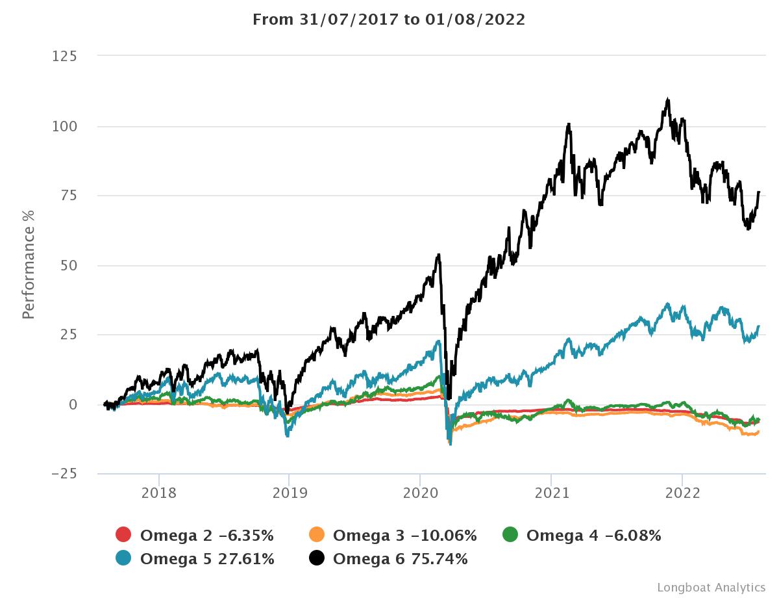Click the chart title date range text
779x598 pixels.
click(389, 19)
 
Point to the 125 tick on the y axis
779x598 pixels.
click(64, 57)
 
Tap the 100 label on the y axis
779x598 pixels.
click(64, 126)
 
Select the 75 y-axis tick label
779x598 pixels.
click(68, 196)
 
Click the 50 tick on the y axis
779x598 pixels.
click(68, 265)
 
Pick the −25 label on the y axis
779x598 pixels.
click(64, 474)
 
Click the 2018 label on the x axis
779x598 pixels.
click(158, 493)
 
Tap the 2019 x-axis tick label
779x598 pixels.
click(289, 493)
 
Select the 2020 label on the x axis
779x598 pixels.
click(420, 493)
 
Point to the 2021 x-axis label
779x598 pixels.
click(551, 493)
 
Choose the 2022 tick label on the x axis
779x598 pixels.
click(682, 493)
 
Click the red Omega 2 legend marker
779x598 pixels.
click(123, 536)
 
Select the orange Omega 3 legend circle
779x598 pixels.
click(316, 536)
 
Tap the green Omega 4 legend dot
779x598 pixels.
click(510, 536)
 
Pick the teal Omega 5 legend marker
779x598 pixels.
click(123, 558)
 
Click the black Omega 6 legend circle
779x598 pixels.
click(316, 558)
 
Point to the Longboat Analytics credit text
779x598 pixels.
click(711, 587)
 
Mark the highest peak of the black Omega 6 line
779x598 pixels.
click(668, 99)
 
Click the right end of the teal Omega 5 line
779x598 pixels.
click(758, 326)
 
